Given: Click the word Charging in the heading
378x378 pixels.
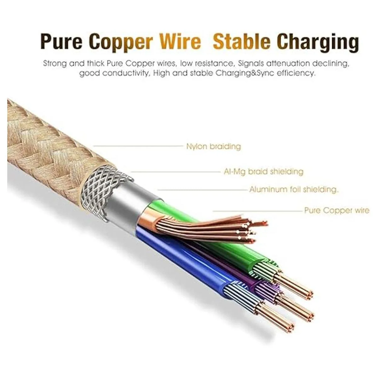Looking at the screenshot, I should (x=319, y=42).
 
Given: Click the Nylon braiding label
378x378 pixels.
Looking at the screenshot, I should (x=213, y=146).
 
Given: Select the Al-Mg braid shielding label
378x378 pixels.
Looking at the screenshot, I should (x=263, y=172).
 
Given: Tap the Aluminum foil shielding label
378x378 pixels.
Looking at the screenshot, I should (x=294, y=190).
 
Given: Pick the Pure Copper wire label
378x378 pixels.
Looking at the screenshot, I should (x=336, y=210).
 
